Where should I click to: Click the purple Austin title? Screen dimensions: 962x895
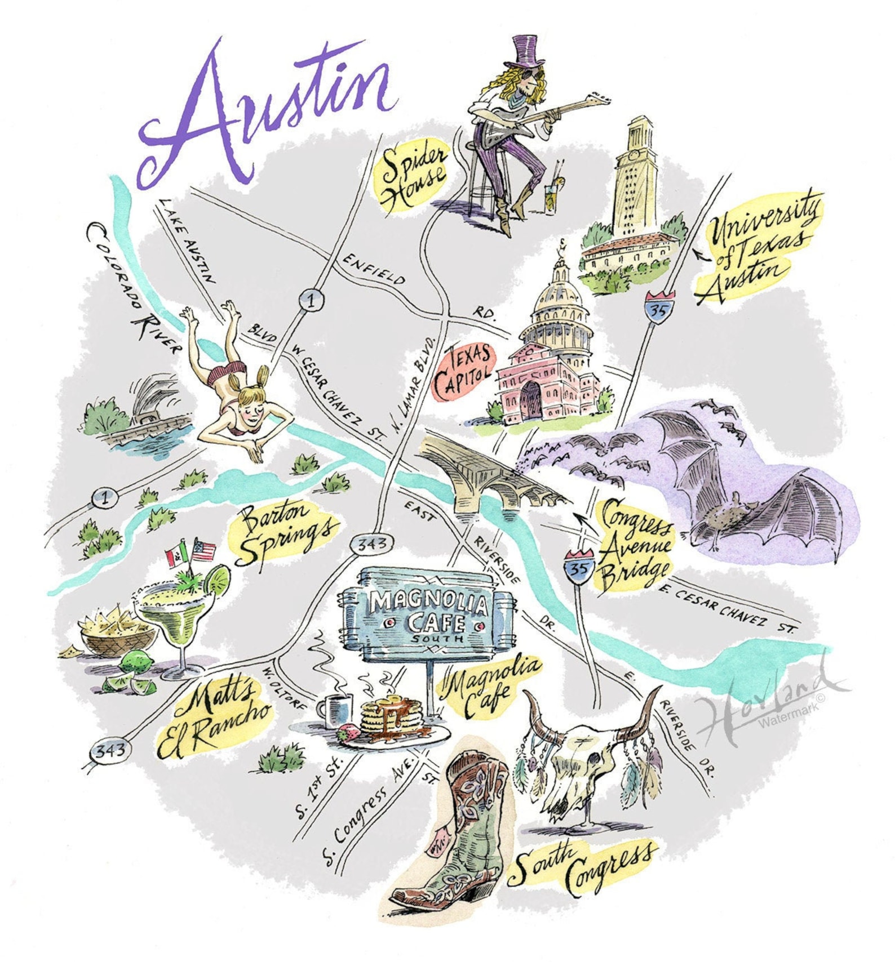(x=265, y=113)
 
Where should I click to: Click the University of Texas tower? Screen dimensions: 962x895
(x=636, y=180)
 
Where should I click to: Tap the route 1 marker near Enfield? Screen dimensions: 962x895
(x=311, y=299)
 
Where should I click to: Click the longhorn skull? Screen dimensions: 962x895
(x=586, y=749)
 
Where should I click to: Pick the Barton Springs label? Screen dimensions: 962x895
(x=285, y=532)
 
